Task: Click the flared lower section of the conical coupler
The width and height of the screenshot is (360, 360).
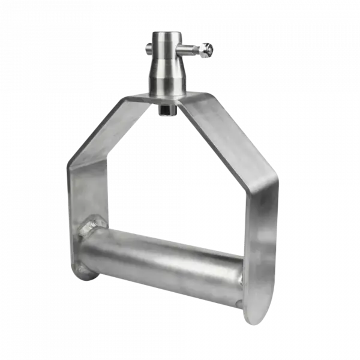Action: coord(169,81)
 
